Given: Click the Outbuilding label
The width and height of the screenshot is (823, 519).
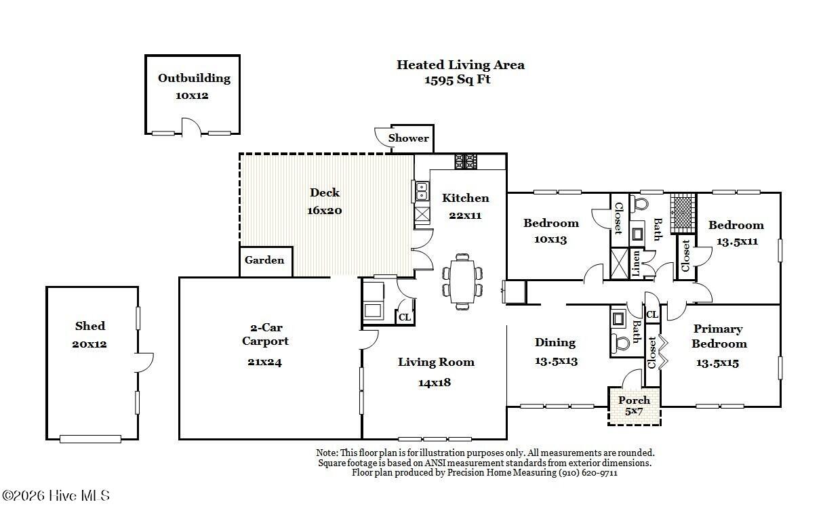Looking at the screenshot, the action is click(x=195, y=78).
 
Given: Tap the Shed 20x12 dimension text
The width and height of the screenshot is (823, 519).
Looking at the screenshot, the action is click(x=89, y=344).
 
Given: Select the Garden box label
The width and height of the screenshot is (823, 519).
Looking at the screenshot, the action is click(x=264, y=260).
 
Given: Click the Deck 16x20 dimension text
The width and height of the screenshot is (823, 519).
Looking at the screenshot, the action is click(x=325, y=211).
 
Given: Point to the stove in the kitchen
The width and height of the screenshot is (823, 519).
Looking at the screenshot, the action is click(x=466, y=162).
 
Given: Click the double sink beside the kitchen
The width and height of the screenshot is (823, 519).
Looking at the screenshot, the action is click(x=422, y=191).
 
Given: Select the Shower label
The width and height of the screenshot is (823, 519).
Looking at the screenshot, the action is click(x=408, y=138).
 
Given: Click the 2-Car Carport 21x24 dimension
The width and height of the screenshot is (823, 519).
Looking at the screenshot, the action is click(x=264, y=362).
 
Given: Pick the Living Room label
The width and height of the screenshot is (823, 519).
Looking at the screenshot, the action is click(x=436, y=362).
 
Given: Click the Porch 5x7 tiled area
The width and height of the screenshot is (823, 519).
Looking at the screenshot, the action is click(x=634, y=406).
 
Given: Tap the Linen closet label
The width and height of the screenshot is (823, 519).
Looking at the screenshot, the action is click(x=636, y=264).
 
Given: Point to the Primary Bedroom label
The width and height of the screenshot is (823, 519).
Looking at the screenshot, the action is click(x=719, y=337).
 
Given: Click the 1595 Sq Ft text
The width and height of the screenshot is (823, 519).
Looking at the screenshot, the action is click(x=458, y=80).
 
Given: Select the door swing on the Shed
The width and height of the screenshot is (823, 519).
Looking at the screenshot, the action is click(x=144, y=362).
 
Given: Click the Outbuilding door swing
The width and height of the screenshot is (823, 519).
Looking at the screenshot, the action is click(x=191, y=127).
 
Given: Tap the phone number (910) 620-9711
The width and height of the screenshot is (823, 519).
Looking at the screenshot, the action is click(x=588, y=473).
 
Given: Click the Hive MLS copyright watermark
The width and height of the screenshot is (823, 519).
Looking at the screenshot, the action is click(x=56, y=495).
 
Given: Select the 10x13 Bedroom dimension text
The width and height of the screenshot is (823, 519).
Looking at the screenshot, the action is click(x=550, y=239).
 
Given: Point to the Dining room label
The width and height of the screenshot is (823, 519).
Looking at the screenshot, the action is click(x=555, y=343).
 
